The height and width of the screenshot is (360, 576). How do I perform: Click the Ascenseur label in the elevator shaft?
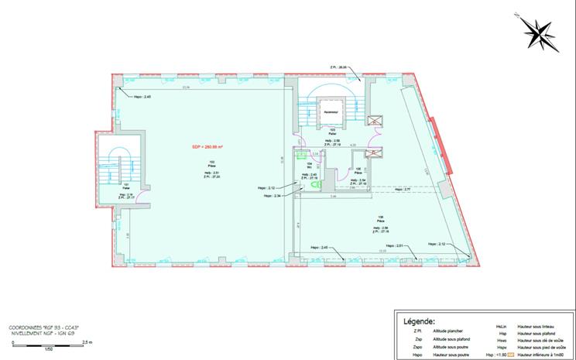(334, 113)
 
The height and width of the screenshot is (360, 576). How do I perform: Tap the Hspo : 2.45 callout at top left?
(142, 97)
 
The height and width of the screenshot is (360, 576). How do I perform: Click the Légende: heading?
(420, 319)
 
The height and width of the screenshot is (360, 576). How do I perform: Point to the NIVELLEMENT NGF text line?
(46, 334)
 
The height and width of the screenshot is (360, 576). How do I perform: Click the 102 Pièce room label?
(211, 164)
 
